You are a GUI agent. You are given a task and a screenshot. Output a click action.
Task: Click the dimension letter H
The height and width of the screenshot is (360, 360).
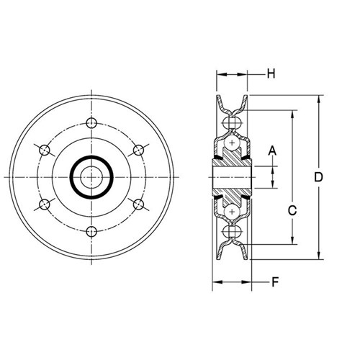tap(271, 74)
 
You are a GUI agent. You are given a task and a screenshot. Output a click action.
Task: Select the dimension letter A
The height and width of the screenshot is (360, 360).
tap(272, 151)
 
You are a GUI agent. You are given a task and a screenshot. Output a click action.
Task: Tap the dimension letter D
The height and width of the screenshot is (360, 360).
tap(318, 177)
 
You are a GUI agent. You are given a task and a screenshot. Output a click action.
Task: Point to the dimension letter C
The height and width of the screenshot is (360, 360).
tap(292, 210)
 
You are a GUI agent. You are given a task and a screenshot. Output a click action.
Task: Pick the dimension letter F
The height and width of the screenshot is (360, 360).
tap(275, 282)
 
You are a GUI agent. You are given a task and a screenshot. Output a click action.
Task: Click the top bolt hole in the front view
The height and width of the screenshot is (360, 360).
tap(91, 123)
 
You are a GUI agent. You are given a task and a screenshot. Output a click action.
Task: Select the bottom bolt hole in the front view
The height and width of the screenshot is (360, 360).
tap(91, 232)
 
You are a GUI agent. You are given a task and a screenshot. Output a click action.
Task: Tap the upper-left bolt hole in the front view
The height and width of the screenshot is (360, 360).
tap(45, 150)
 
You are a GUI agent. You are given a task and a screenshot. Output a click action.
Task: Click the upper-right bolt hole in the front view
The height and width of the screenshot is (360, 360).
tap(138, 150)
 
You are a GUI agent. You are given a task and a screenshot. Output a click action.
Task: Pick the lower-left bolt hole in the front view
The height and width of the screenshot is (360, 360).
tap(45, 204)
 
